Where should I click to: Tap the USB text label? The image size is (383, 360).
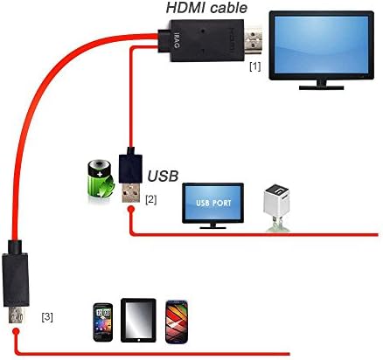point(164,176)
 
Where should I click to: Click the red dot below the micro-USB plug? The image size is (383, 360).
point(17,333)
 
